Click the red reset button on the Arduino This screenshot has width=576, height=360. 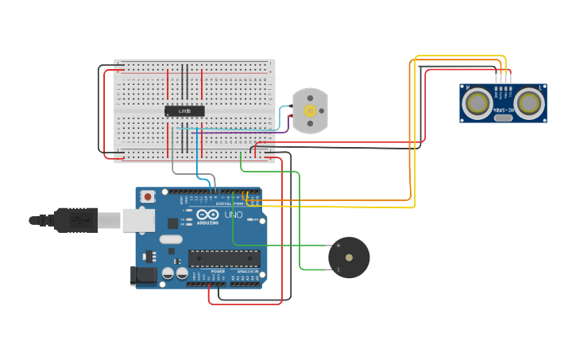[x=147, y=195]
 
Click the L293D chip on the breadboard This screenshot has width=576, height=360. [x=184, y=110]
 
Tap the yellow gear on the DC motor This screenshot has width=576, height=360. [x=311, y=110]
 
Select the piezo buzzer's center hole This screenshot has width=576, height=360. [x=349, y=257]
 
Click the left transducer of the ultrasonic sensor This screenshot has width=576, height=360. [x=477, y=103]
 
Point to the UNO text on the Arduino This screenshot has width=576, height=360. [x=234, y=215]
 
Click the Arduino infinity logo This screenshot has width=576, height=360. [x=207, y=214]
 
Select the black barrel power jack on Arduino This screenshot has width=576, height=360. [x=141, y=276]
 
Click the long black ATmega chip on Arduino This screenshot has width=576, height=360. [x=224, y=257]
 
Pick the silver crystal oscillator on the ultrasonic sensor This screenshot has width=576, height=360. [x=503, y=118]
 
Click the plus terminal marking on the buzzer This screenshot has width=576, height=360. [x=338, y=246]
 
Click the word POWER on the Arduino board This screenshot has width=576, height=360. [x=218, y=271]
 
